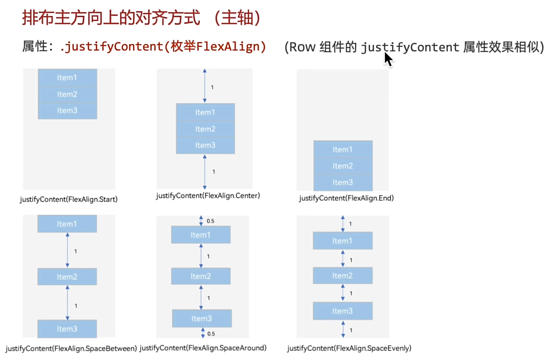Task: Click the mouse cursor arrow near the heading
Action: click(x=388, y=60)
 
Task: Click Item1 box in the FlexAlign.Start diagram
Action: click(x=67, y=78)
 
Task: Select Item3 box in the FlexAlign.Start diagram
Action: click(x=67, y=111)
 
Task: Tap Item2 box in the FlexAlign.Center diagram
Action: click(x=205, y=129)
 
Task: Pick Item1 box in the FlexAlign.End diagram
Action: click(x=343, y=150)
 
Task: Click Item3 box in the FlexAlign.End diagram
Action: click(x=343, y=182)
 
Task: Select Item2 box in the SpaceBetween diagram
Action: click(x=67, y=277)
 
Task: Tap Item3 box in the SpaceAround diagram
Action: click(x=202, y=319)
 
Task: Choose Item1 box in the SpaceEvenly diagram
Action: click(x=342, y=241)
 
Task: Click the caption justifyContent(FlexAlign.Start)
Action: click(x=69, y=199)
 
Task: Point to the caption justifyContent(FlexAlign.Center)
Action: click(x=208, y=196)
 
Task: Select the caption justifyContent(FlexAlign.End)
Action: click(x=346, y=198)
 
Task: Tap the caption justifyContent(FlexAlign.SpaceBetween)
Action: click(x=71, y=349)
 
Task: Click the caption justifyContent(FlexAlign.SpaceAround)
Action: click(x=203, y=348)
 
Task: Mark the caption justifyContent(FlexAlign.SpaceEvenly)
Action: click(x=349, y=348)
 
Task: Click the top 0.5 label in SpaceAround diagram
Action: click(x=210, y=221)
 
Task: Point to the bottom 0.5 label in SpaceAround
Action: click(x=211, y=334)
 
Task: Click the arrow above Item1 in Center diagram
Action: click(x=205, y=86)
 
